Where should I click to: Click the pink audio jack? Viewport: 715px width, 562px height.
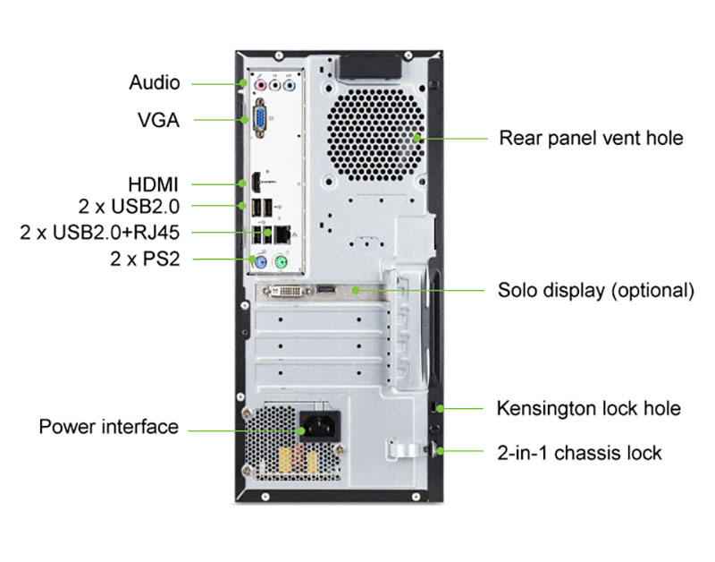click(261, 86)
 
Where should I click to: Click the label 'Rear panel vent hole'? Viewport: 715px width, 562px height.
click(591, 138)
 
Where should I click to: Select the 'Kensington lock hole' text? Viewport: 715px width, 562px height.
click(588, 409)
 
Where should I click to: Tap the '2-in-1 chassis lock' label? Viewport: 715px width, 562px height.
click(579, 452)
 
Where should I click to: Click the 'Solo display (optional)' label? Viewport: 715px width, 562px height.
click(595, 291)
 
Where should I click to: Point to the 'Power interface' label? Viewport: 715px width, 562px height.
click(108, 426)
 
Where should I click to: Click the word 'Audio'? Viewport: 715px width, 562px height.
click(155, 83)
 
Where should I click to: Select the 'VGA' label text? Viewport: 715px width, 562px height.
click(158, 119)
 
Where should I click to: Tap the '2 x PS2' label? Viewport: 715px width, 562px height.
click(144, 260)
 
